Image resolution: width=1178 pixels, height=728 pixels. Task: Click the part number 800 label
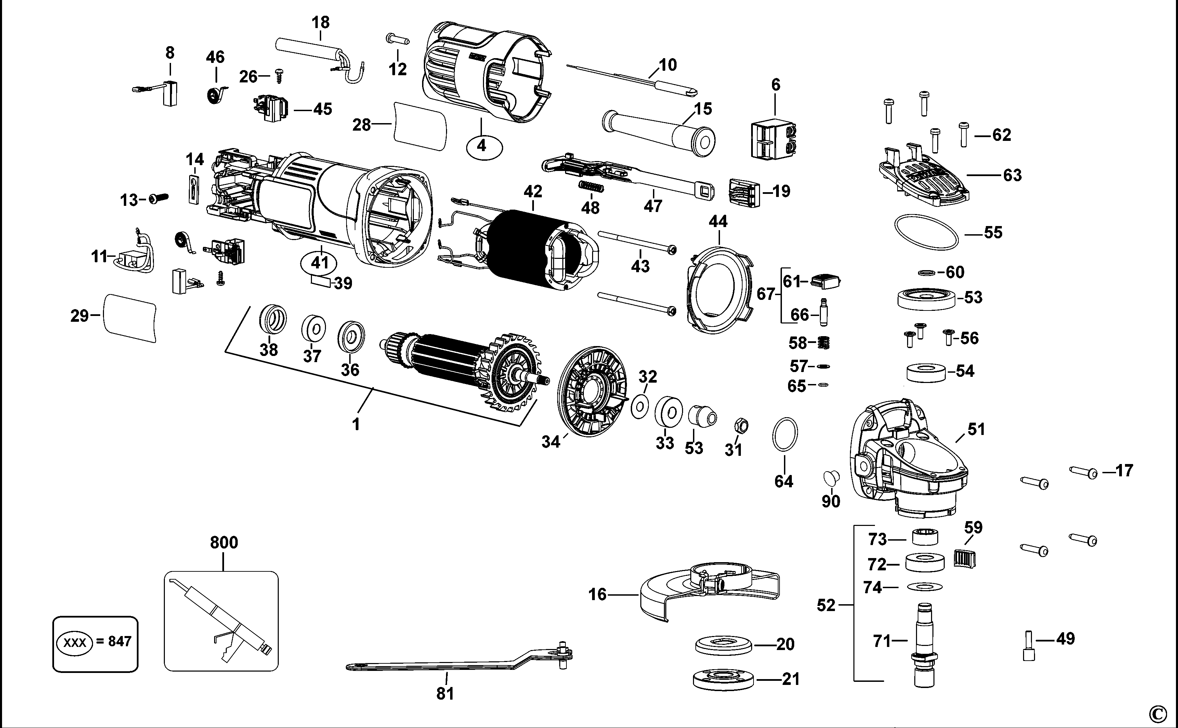pyautogui.click(x=224, y=543)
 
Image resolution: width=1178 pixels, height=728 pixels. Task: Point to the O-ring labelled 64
pyautogui.click(x=785, y=434)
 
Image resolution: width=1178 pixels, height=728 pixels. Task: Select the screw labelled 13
pyautogui.click(x=157, y=198)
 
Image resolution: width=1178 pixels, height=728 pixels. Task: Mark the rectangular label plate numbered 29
pyautogui.click(x=130, y=317)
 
